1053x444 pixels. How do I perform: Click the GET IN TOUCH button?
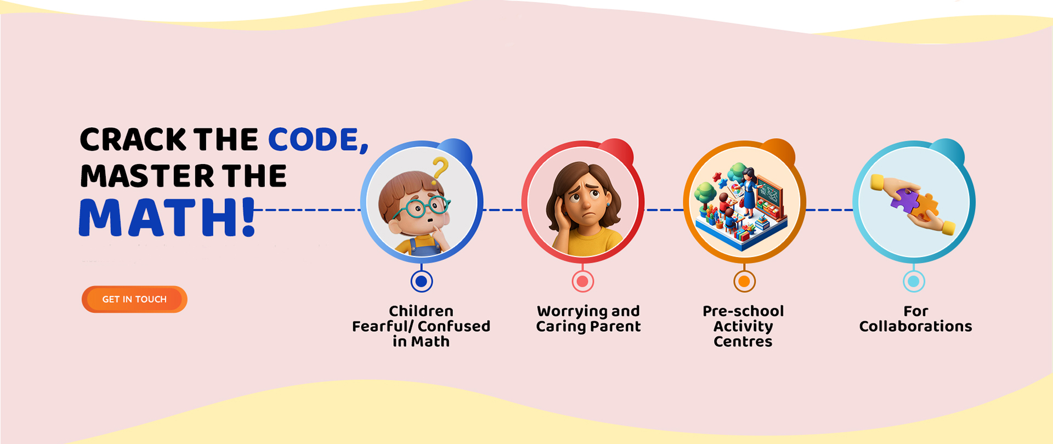point(134,299)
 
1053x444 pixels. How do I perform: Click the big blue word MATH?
point(167,218)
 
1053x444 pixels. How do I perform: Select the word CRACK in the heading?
point(133,140)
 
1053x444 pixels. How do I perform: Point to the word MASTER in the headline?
point(148,176)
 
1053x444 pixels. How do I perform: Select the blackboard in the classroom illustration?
point(770,196)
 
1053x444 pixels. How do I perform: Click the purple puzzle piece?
point(904,200)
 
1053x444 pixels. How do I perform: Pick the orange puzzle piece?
point(926,208)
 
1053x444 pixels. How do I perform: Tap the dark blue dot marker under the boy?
point(421,281)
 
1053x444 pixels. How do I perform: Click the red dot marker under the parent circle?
point(582,281)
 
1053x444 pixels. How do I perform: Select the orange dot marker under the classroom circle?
point(744,281)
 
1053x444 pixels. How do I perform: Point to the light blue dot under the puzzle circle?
point(914,281)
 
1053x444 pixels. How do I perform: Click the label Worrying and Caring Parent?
point(588,319)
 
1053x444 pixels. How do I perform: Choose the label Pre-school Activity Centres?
point(743,326)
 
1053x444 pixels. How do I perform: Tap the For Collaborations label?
point(915,318)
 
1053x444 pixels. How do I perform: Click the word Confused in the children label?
point(454,326)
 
